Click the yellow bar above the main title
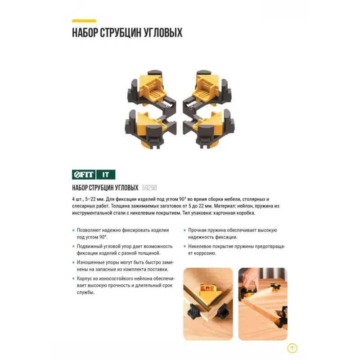[x=84, y=21]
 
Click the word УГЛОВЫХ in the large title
[x=163, y=32]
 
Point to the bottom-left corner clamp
[x=151, y=130]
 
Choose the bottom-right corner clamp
[x=209, y=130]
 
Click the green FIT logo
[x=84, y=175]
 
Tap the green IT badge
[x=106, y=175]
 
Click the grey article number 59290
[x=149, y=188]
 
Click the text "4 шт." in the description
[x=77, y=199]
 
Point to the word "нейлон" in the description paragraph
[x=246, y=206]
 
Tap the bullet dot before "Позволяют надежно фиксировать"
[x=73, y=230]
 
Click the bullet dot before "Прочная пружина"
[x=185, y=230]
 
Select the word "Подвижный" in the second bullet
[x=90, y=246]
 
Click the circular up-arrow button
[x=292, y=348]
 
